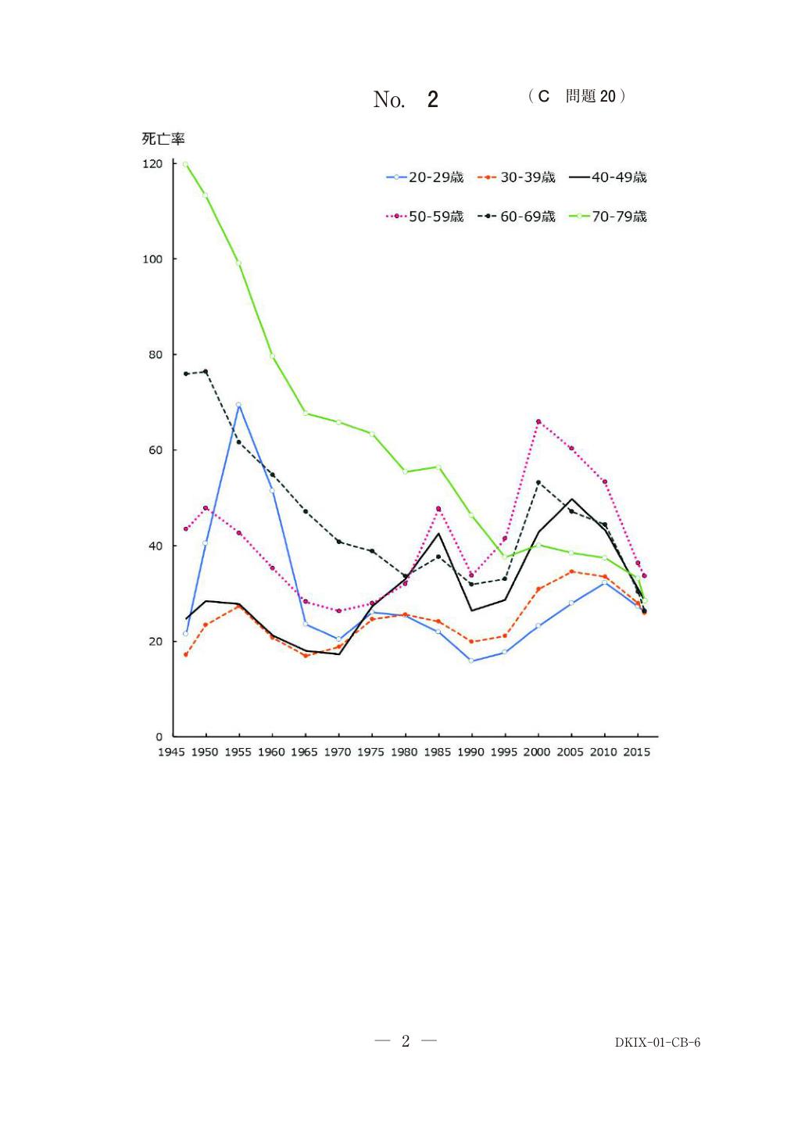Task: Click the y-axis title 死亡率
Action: point(163,139)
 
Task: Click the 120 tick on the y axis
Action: point(152,164)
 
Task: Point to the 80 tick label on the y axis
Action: point(156,355)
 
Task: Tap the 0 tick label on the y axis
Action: point(159,737)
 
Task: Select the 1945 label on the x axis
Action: point(171,752)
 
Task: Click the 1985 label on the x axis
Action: point(438,752)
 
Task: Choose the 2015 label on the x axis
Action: point(637,752)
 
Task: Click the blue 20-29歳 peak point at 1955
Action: point(238,405)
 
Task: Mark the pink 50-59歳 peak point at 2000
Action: point(538,422)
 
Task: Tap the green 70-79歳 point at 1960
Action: point(272,356)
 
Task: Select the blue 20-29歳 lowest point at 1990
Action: point(471,661)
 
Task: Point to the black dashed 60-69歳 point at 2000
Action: point(538,482)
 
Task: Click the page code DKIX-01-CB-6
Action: point(657,1042)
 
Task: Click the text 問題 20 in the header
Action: point(591,96)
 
